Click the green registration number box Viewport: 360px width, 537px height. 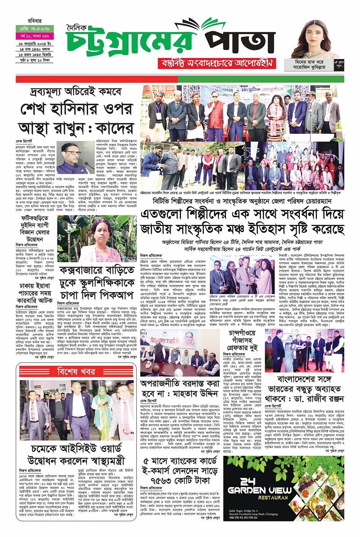coord(35,29)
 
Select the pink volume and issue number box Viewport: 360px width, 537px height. coord(35,36)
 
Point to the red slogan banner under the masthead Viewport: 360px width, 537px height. coord(216,63)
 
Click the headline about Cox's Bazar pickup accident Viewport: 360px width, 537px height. coord(96,283)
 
